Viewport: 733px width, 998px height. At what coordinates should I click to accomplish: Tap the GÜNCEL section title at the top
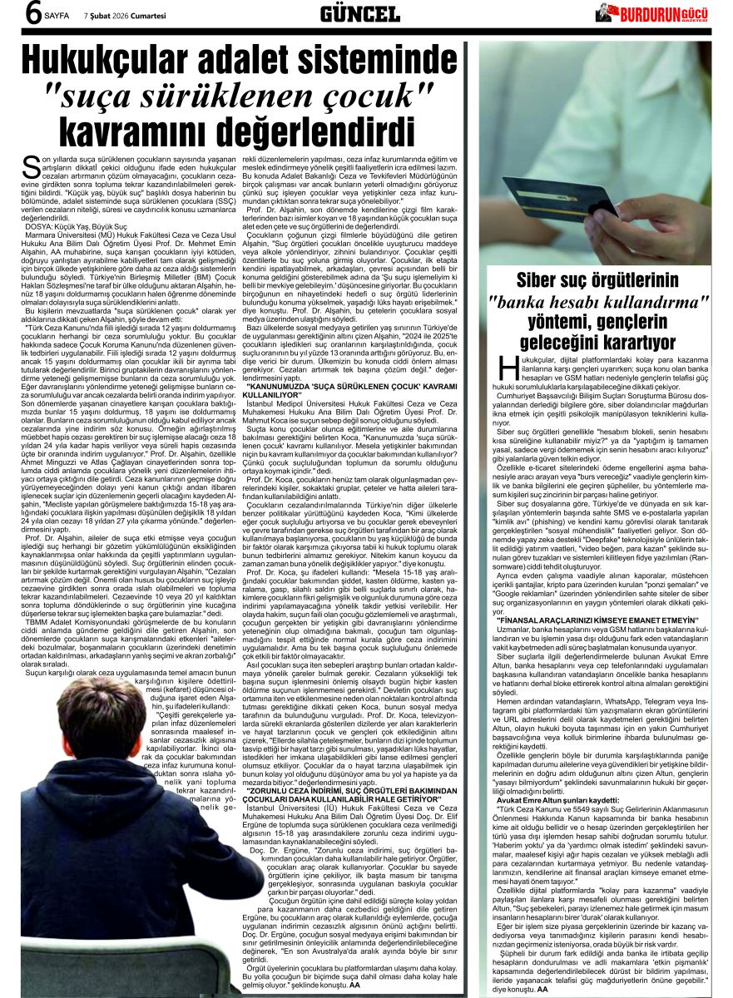(x=359, y=13)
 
